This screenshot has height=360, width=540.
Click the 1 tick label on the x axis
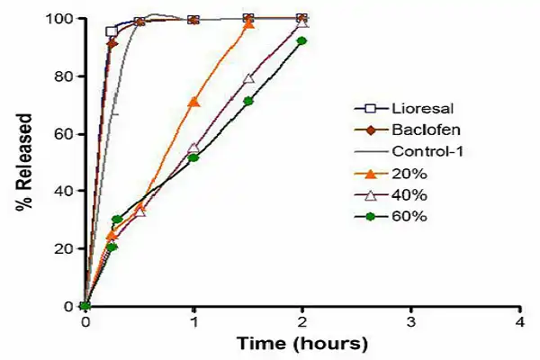pos(193,321)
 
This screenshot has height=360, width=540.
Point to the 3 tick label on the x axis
pos(411,321)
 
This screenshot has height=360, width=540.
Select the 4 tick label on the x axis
pos(520,321)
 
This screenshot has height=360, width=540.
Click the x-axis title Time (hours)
pos(302,344)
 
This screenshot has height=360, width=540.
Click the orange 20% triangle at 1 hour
pos(193,102)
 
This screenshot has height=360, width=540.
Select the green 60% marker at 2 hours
pos(301,41)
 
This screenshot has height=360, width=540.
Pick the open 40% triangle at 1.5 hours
pos(248,79)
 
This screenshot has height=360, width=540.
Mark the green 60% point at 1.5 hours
pos(248,101)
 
